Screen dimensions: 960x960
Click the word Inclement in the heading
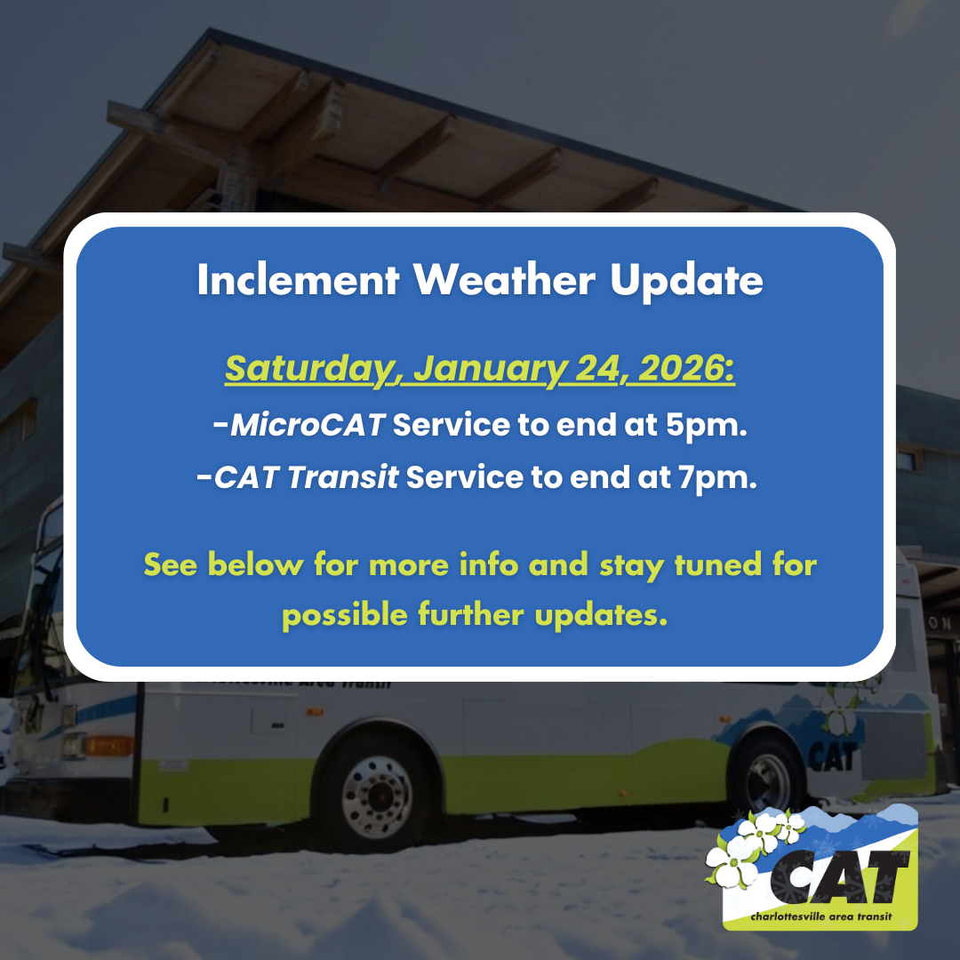point(296,281)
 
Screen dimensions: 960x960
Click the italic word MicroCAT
point(308,426)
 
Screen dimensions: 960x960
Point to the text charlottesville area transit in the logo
point(820,916)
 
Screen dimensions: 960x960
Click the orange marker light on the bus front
point(108,744)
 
